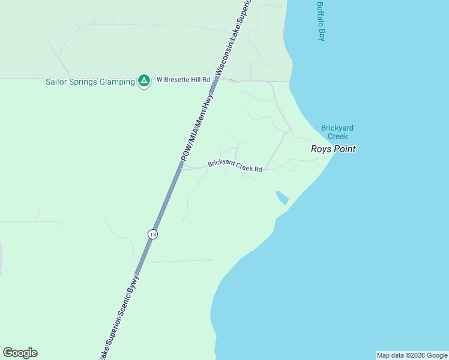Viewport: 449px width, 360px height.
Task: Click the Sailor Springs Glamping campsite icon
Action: pos(143,80)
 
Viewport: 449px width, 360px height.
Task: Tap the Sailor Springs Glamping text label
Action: pos(90,82)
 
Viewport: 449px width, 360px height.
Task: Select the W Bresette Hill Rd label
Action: pos(183,79)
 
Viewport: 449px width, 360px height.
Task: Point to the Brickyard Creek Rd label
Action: pos(235,166)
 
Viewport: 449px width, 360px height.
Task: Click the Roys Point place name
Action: pos(333,149)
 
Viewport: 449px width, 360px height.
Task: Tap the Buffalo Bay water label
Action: pos(321,21)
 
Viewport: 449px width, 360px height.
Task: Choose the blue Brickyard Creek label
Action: pos(334,132)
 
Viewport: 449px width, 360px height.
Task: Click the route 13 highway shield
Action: pos(153,235)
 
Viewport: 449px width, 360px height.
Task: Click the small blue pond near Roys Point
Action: pos(282,197)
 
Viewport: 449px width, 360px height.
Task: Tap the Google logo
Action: pos(20,353)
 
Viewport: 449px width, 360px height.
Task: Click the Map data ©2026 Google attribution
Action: pos(412,355)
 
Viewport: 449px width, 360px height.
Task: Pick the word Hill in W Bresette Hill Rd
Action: pos(193,79)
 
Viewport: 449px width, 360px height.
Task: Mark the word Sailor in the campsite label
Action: pos(56,82)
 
